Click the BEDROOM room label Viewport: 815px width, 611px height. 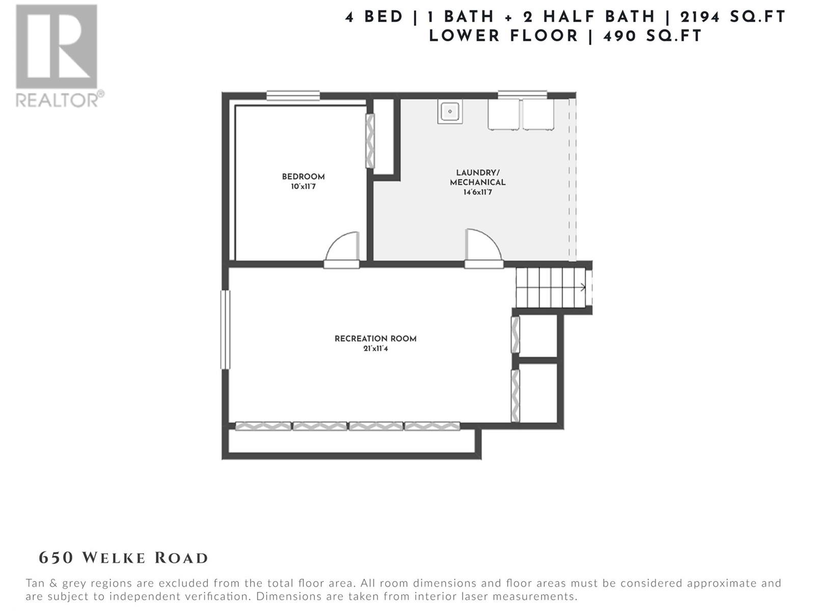click(303, 177)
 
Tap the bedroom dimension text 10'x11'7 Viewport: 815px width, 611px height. click(303, 186)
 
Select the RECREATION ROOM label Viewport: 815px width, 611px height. click(375, 338)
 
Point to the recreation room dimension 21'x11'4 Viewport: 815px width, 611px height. click(375, 348)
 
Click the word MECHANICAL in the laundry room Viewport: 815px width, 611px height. click(477, 182)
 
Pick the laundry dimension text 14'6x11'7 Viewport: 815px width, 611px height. click(477, 192)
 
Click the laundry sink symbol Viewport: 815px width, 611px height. click(450, 112)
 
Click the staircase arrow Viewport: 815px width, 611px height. click(582, 287)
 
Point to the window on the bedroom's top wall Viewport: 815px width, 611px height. click(293, 95)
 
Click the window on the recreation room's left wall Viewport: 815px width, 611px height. click(225, 329)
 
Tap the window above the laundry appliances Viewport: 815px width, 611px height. click(522, 95)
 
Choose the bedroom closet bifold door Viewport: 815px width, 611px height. click(370, 141)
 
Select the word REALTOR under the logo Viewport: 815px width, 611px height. click(57, 100)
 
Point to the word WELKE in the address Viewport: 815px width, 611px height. click(114, 559)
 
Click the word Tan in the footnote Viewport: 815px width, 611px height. click(35, 583)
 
